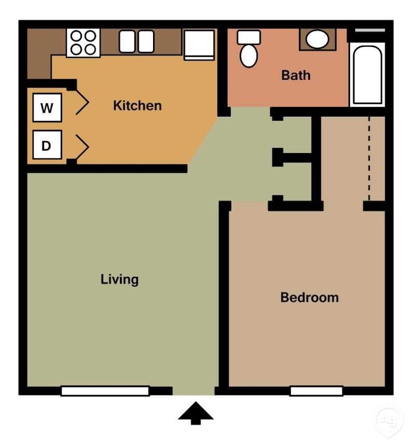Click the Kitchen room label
pos(137,105)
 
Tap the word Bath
pos(296,75)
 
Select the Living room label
pos(120,279)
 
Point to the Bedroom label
pos(309,297)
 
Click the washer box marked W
pos(47,108)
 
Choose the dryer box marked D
pos(47,145)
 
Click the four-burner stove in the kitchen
pos(83,43)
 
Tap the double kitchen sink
pos(136,41)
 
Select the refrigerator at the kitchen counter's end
pos(199,44)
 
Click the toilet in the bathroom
pos(248,49)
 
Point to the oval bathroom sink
pos(317,39)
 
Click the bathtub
pos(367,75)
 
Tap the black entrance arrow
pos(196,413)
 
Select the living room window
pos(105,391)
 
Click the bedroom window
pos(316,391)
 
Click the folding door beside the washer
pos(82,102)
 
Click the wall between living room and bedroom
pos(224,298)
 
